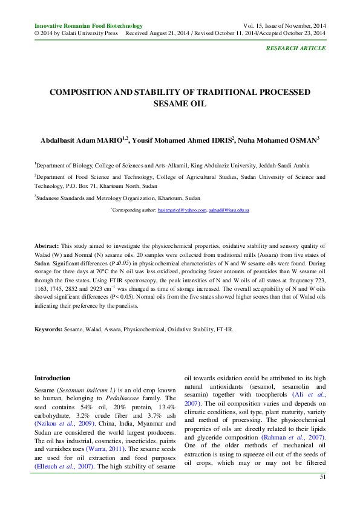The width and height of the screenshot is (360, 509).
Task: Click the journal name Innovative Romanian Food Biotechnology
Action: click(88, 26)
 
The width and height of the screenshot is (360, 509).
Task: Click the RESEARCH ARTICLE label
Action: click(296, 47)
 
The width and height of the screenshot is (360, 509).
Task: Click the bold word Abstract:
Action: click(47, 247)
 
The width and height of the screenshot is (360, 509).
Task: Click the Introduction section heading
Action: click(53, 378)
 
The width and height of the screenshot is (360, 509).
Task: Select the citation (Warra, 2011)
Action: click(107, 450)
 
